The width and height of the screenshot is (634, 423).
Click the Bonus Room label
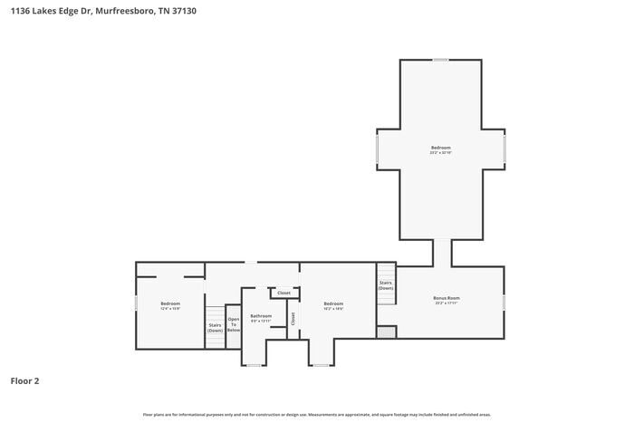(447, 298)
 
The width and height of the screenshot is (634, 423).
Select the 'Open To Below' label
(233, 324)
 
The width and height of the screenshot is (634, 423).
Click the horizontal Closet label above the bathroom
(283, 293)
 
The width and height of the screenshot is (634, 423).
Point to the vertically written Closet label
(293, 318)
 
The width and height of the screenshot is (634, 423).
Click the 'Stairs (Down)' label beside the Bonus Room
(386, 284)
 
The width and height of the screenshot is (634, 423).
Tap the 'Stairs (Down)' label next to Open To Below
(215, 327)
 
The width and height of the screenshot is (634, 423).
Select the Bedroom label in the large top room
(440, 148)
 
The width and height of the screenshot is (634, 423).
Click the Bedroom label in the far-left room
(170, 303)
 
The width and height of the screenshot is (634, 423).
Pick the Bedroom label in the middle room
(333, 303)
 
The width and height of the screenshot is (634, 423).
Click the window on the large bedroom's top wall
(440, 61)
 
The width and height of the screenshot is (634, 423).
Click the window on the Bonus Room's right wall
(504, 302)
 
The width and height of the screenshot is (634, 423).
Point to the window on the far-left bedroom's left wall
(137, 303)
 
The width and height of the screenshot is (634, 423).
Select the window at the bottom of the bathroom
(254, 365)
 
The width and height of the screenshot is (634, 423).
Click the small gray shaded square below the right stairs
(386, 332)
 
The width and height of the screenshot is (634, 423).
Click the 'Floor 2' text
(25, 381)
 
